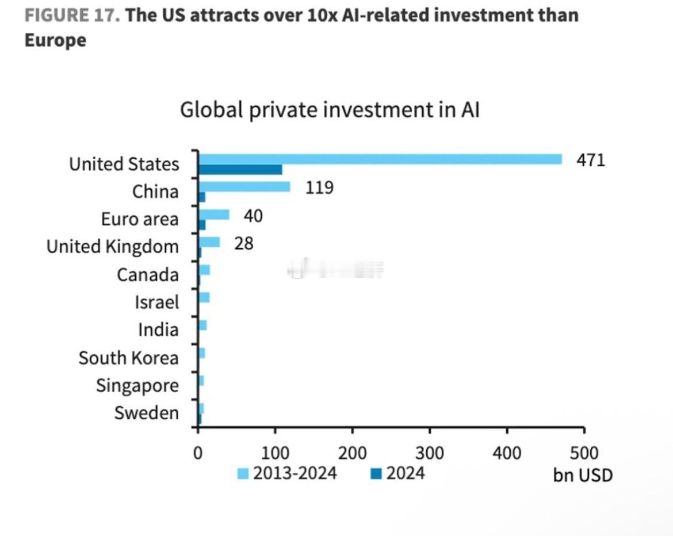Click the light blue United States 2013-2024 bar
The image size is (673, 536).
380,159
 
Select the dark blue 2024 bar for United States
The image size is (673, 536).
240,169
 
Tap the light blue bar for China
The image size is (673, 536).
244,186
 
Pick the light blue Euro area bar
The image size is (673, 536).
213,215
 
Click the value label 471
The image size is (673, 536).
591,160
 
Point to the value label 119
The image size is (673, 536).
319,187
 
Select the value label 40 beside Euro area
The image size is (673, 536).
253,216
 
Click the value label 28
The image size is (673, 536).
244,243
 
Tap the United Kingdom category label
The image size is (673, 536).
113,247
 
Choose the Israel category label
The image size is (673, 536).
156,302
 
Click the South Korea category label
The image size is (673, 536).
129,358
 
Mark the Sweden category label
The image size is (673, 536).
147,412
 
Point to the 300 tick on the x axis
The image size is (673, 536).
430,453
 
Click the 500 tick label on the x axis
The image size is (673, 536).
584,453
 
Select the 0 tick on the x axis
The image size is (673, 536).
198,453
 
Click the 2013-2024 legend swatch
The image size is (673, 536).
243,474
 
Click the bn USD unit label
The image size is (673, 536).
583,475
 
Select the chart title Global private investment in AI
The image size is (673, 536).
330,109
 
